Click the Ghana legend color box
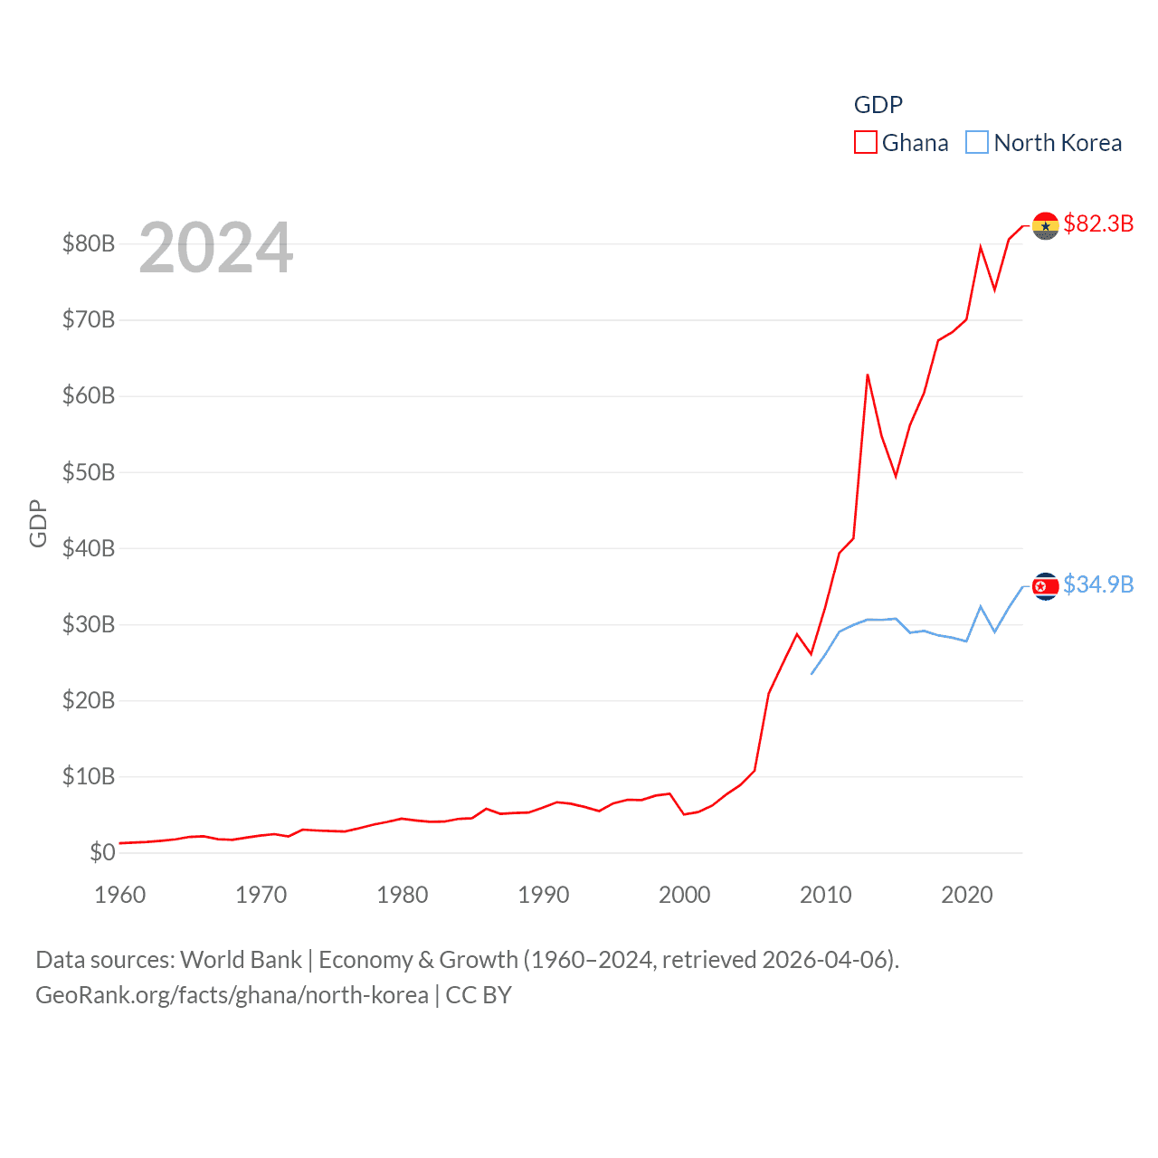pos(865,143)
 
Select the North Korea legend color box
pos(977,143)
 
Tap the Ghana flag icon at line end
pos(1045,225)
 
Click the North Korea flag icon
pos(1045,586)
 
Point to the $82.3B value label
pos(1098,223)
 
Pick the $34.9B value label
pos(1098,584)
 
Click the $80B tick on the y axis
pos(89,243)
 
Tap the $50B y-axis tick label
pos(89,472)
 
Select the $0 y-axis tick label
pos(102,852)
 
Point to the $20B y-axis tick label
pos(89,700)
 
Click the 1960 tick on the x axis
pos(120,895)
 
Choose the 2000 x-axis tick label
pos(685,895)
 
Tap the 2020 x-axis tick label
pos(967,895)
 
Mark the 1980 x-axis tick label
pos(403,895)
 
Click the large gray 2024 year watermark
pos(216,247)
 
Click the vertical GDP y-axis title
pos(38,523)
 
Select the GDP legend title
pos(878,105)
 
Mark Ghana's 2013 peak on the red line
pos(867,375)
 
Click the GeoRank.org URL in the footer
pos(232,995)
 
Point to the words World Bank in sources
pos(241,960)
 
